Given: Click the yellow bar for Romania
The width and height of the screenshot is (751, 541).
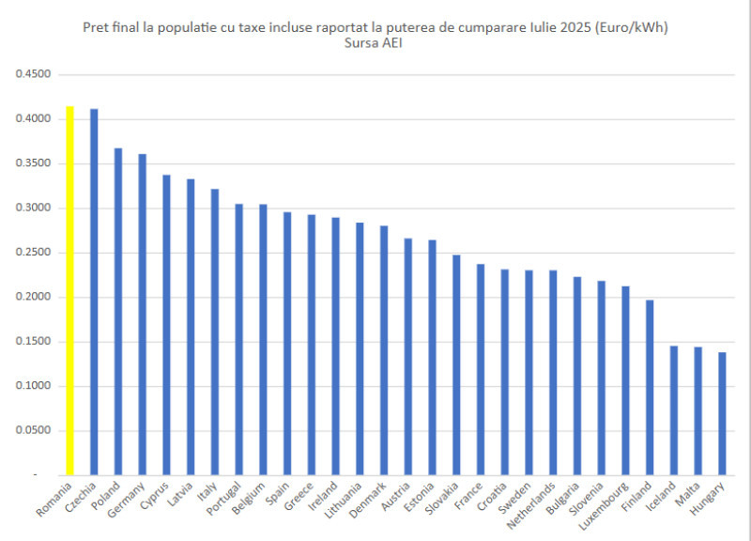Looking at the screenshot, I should click(69, 291).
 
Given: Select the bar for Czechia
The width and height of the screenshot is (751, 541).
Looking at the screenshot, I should click(94, 292).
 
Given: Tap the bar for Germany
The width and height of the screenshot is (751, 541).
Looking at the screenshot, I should click(142, 315).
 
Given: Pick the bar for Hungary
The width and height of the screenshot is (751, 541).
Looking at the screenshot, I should click(722, 414).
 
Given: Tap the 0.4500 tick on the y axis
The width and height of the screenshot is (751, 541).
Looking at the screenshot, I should click(32, 74).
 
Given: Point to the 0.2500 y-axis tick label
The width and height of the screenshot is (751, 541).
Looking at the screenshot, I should click(32, 253).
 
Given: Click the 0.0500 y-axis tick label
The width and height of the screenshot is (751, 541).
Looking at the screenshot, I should click(32, 431).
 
